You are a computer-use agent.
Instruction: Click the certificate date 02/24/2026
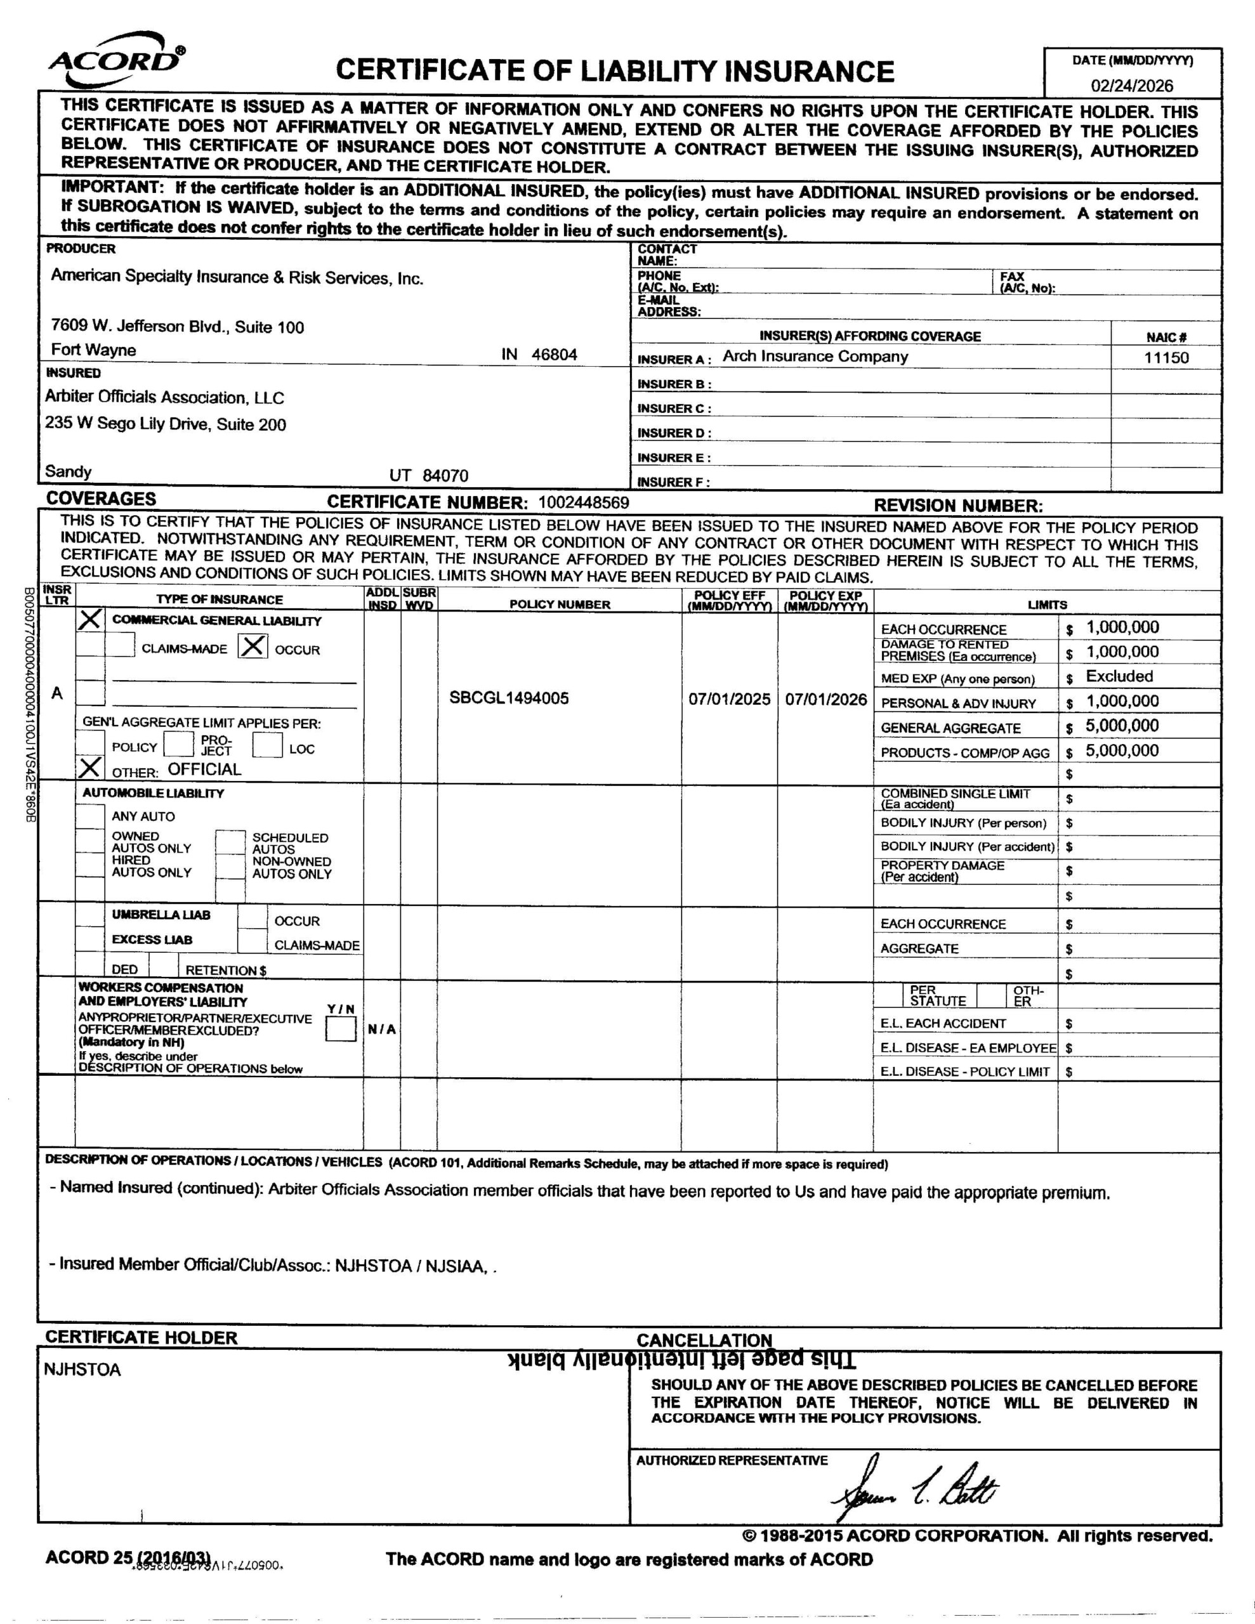(1131, 86)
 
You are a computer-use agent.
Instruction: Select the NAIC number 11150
(1166, 358)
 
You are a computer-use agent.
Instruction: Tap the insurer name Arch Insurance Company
(815, 356)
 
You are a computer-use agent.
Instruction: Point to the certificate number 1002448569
(583, 502)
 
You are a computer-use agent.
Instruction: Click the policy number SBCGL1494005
(509, 697)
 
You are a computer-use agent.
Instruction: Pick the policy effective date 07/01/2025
(729, 699)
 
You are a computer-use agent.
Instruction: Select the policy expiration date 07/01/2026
(825, 699)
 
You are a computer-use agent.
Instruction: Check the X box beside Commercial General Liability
(90, 619)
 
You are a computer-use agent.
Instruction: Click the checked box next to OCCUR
(252, 647)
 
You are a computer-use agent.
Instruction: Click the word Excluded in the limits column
(1119, 676)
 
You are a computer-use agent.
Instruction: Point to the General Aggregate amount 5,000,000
(1122, 726)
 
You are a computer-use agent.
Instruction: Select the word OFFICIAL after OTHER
(204, 769)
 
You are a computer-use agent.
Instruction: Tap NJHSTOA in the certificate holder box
(82, 1370)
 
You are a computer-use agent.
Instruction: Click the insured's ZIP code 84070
(445, 476)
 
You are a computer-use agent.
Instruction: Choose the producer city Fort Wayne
(94, 350)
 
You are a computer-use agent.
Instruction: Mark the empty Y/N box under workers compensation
(341, 1029)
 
